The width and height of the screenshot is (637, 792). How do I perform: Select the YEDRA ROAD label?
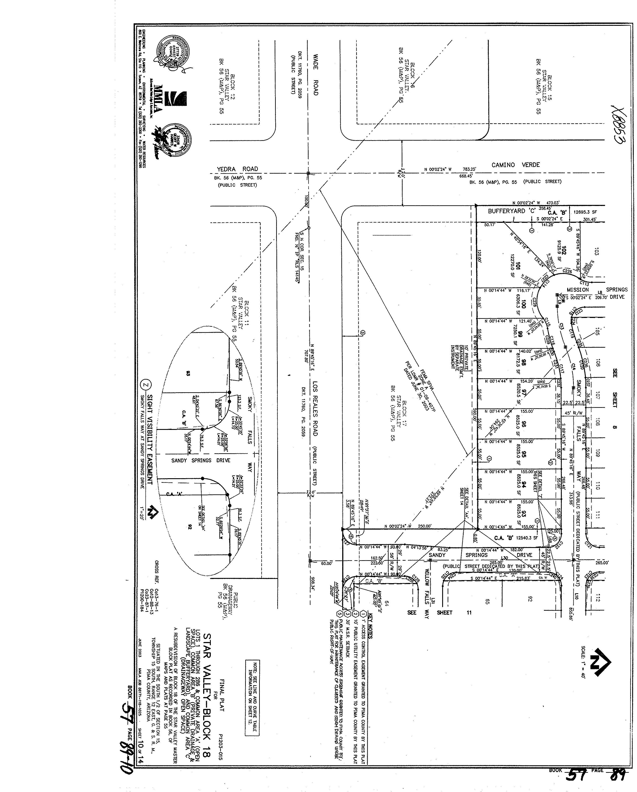[x=237, y=169]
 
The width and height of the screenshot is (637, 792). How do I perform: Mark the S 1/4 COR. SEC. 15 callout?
[x=299, y=257]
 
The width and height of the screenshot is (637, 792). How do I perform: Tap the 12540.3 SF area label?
[x=526, y=538]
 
